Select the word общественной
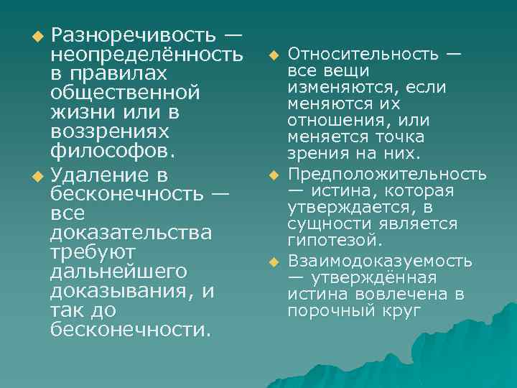(126, 94)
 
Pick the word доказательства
(131, 234)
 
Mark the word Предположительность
(387, 174)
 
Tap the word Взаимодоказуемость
(380, 261)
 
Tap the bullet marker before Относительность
(273, 55)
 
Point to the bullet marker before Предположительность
(273, 175)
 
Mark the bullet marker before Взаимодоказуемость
(273, 262)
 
